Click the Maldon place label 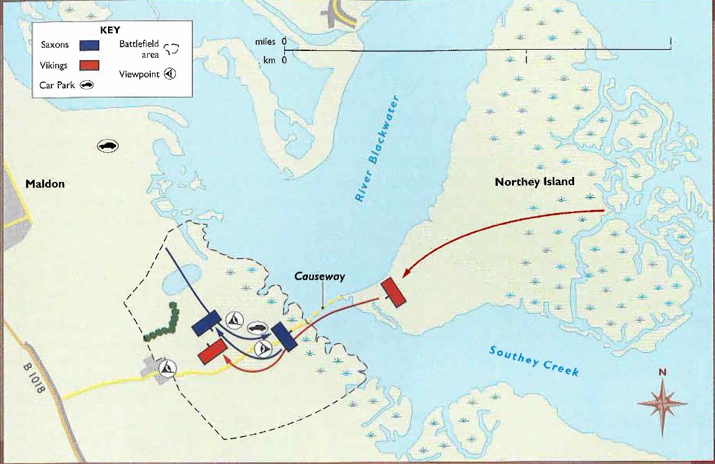45,184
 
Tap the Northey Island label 534,182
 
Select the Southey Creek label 534,360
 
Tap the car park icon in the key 86,86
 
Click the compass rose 662,403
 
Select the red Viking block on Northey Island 393,292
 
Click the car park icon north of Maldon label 108,146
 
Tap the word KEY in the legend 110,29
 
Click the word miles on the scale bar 265,42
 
